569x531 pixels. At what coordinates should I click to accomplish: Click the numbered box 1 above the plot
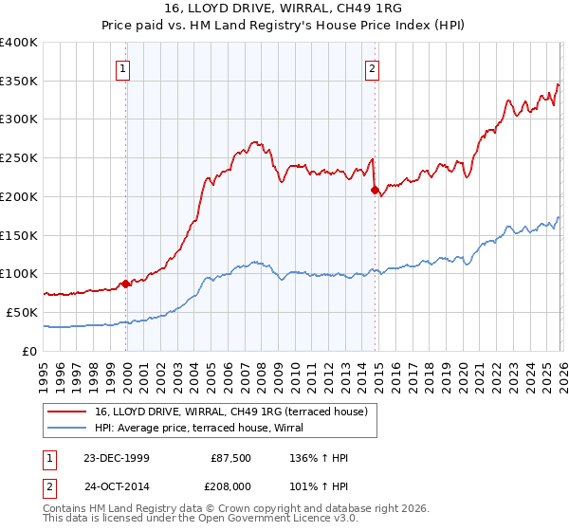pos(125,68)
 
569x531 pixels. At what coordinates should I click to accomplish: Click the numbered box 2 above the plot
pos(373,68)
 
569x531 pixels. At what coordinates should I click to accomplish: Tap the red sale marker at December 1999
pos(126,283)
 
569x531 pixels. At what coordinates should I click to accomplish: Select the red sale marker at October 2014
pos(375,190)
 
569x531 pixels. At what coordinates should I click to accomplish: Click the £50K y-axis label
pos(21,312)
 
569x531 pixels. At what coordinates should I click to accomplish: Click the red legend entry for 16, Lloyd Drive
pos(236,411)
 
